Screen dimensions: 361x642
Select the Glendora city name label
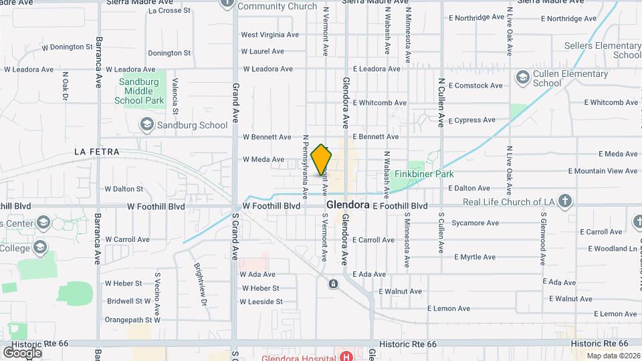(348, 205)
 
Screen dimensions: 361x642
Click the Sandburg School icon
(146, 124)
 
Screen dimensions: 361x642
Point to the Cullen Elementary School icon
(522, 78)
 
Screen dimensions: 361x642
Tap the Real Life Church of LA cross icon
(565, 201)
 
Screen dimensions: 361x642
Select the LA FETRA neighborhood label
(97, 152)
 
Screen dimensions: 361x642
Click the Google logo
(21, 352)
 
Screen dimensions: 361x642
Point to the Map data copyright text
(613, 356)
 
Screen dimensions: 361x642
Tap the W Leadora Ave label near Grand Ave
(267, 69)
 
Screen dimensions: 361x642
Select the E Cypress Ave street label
(472, 120)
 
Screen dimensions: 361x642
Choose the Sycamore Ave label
(475, 223)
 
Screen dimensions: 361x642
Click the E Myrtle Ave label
(475, 257)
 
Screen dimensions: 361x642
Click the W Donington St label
(67, 47)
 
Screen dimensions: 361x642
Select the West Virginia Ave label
(270, 35)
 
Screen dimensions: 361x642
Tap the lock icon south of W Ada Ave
(333, 284)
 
